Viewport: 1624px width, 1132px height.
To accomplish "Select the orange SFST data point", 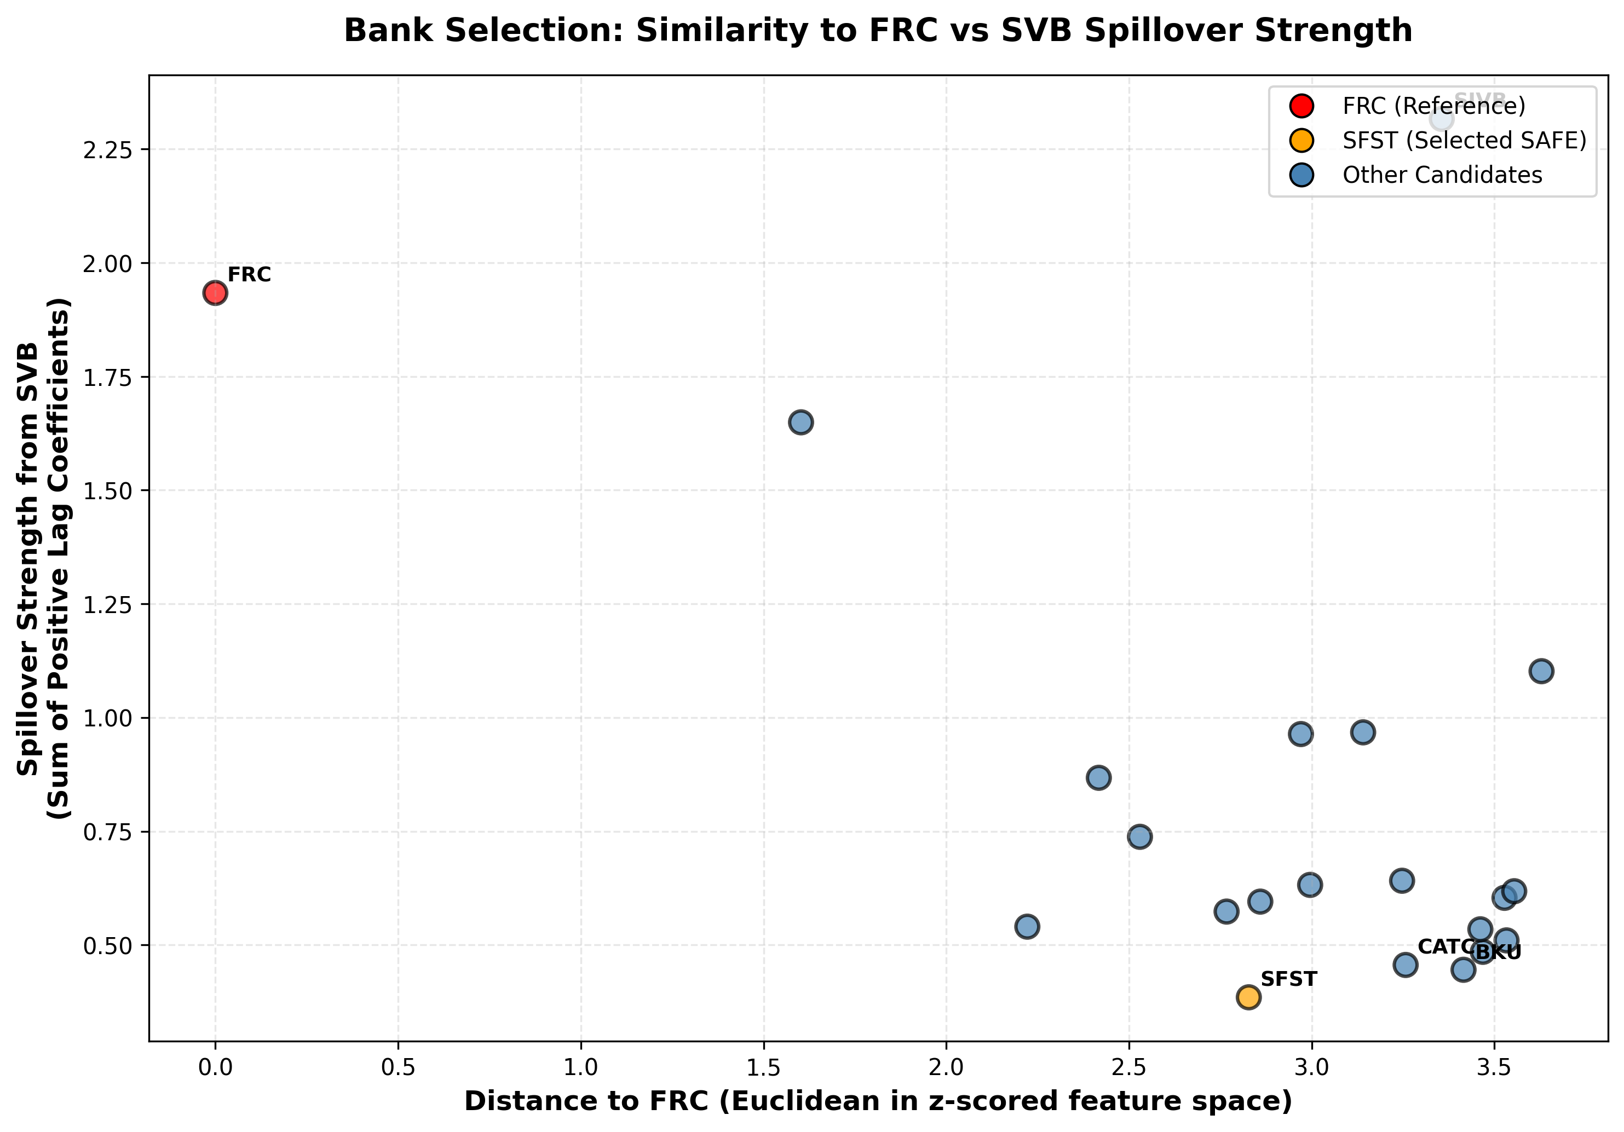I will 1248,997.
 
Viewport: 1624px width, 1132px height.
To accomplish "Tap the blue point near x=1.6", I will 800,422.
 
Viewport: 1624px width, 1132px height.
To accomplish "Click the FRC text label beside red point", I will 249,274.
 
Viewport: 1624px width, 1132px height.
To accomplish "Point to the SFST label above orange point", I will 1289,979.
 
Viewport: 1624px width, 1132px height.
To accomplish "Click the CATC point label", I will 1443,947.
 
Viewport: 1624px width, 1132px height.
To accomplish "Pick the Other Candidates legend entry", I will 1442,175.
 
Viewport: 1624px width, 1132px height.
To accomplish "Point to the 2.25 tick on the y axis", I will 107,150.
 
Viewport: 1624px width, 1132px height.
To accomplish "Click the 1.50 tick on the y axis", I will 107,490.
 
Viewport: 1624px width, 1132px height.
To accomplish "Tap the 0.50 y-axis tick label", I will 107,946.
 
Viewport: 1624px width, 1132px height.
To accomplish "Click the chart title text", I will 878,31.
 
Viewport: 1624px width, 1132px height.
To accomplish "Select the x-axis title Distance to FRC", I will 878,1101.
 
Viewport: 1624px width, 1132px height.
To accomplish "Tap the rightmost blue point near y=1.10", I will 1541,671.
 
